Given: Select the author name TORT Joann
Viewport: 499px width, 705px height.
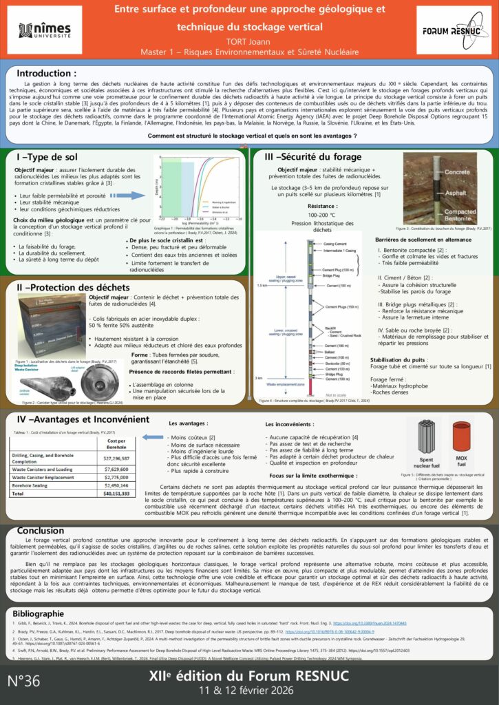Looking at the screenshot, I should tap(249, 40).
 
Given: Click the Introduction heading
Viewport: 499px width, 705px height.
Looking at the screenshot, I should tap(46, 73).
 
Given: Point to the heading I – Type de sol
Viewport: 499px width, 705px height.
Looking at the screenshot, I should tap(49, 158).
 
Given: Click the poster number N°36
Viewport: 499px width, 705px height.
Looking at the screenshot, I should tap(25, 681).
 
